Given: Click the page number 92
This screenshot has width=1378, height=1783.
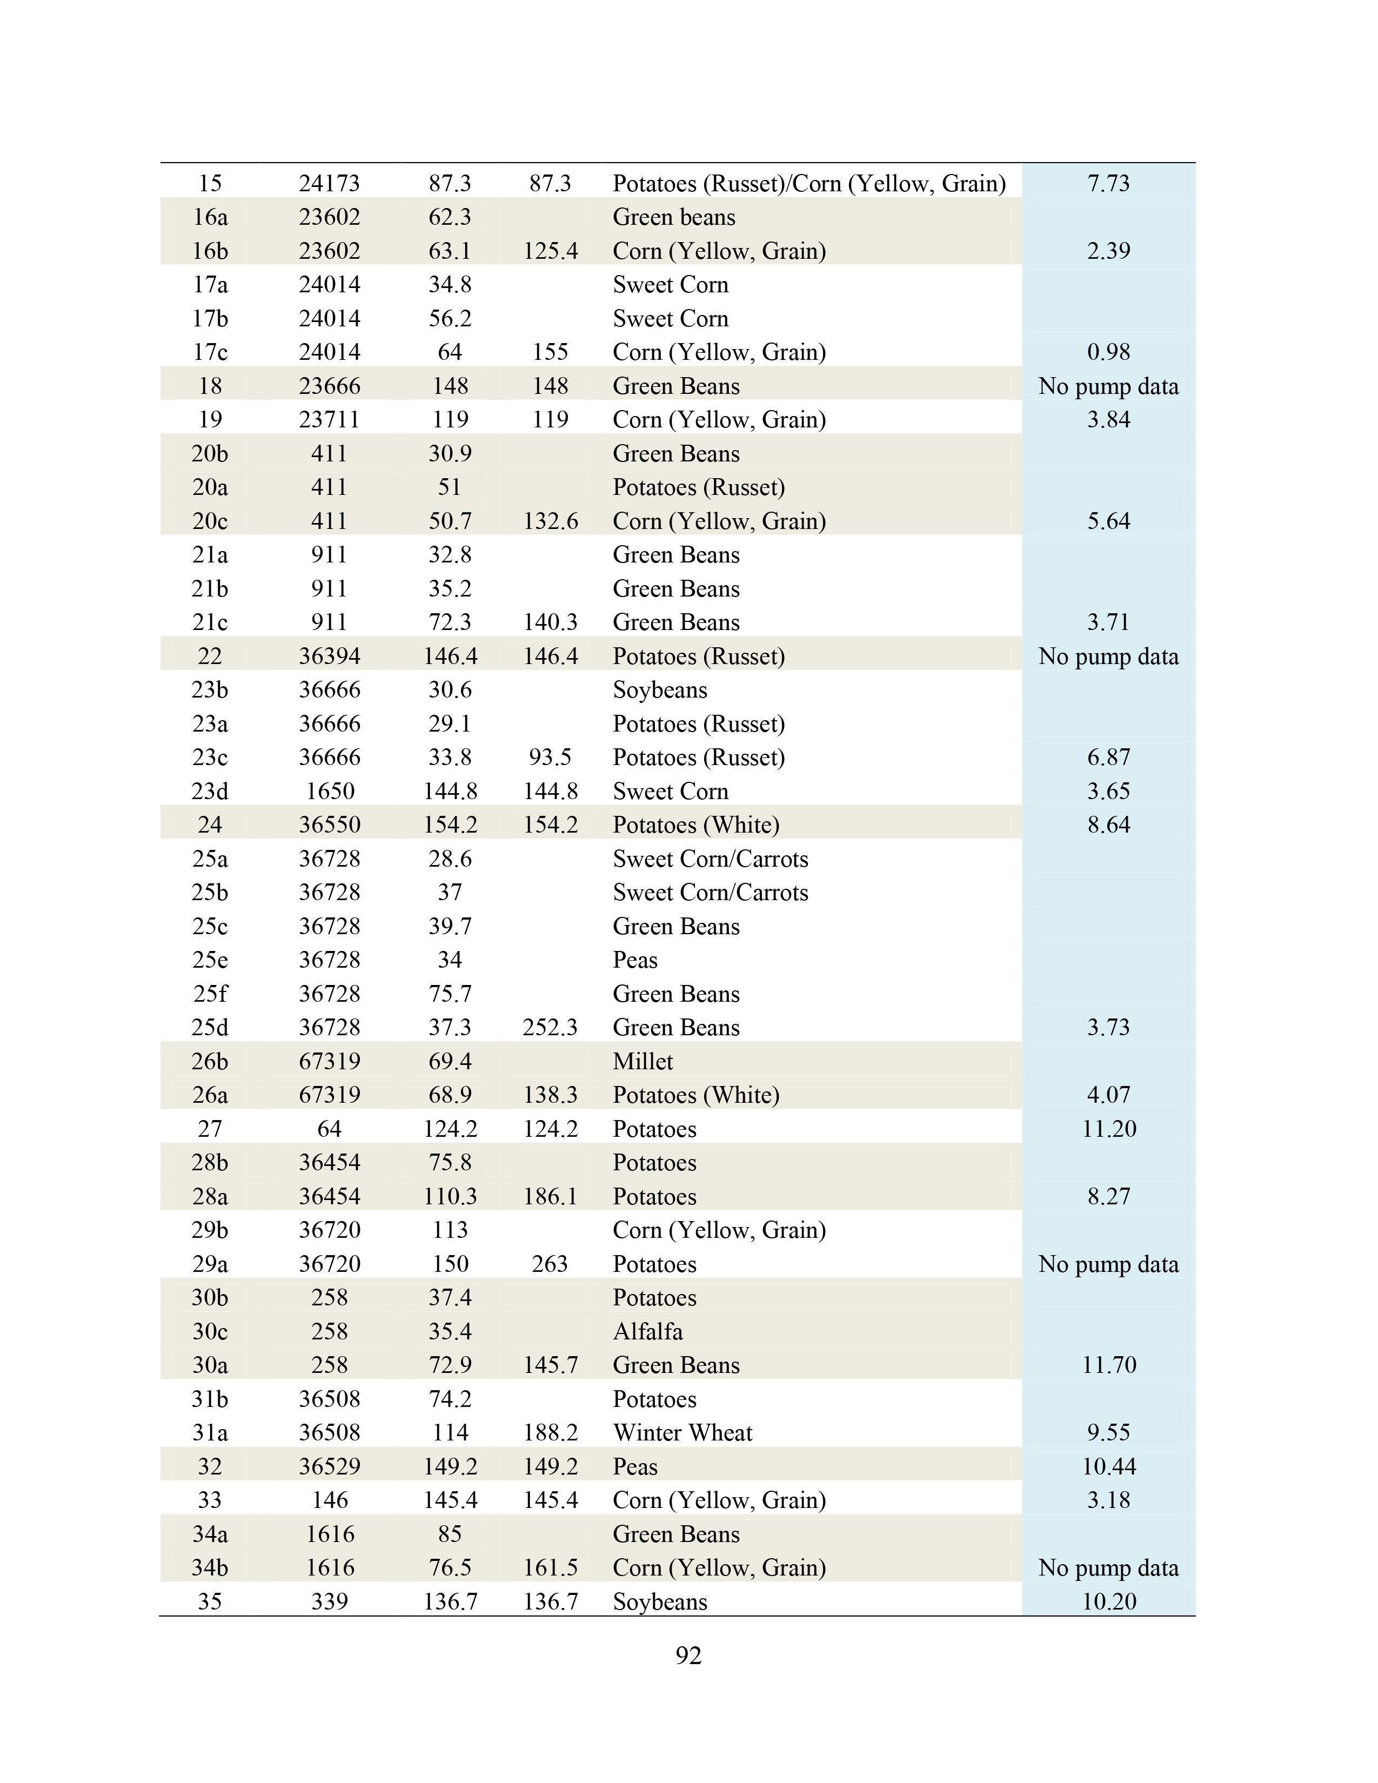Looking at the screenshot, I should (x=688, y=1655).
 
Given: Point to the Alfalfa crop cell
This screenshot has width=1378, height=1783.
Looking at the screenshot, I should (x=647, y=1331).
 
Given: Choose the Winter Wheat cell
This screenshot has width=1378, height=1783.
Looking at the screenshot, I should (x=683, y=1433).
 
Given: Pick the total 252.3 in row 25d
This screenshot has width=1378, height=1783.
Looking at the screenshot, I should (x=550, y=1027).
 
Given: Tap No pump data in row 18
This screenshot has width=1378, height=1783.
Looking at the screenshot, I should (x=1108, y=386).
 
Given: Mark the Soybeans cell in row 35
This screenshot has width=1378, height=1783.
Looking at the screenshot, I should (x=660, y=1602).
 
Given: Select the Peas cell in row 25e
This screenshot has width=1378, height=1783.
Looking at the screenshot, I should (x=635, y=960).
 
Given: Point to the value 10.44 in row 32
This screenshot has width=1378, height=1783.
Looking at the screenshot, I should (x=1108, y=1466).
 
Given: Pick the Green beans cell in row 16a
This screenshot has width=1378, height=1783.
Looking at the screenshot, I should (x=673, y=217).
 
